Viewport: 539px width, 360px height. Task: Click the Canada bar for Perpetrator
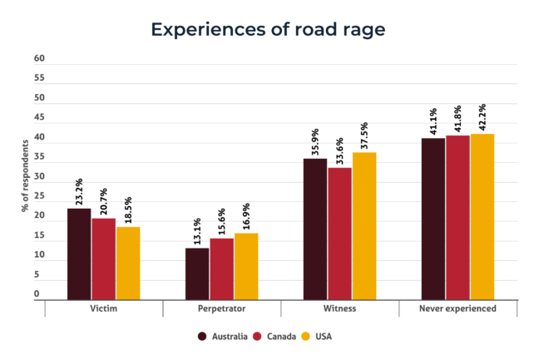pyautogui.click(x=221, y=269)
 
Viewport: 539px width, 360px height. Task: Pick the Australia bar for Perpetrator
pyautogui.click(x=197, y=274)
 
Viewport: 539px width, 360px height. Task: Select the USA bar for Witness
pyautogui.click(x=364, y=225)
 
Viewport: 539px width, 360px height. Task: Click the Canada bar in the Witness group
pyautogui.click(x=339, y=233)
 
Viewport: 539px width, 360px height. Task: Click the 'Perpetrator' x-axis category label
pyautogui.click(x=221, y=308)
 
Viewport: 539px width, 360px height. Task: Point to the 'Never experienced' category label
pyautogui.click(x=458, y=308)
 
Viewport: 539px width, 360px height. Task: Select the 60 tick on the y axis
pyautogui.click(x=39, y=59)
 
